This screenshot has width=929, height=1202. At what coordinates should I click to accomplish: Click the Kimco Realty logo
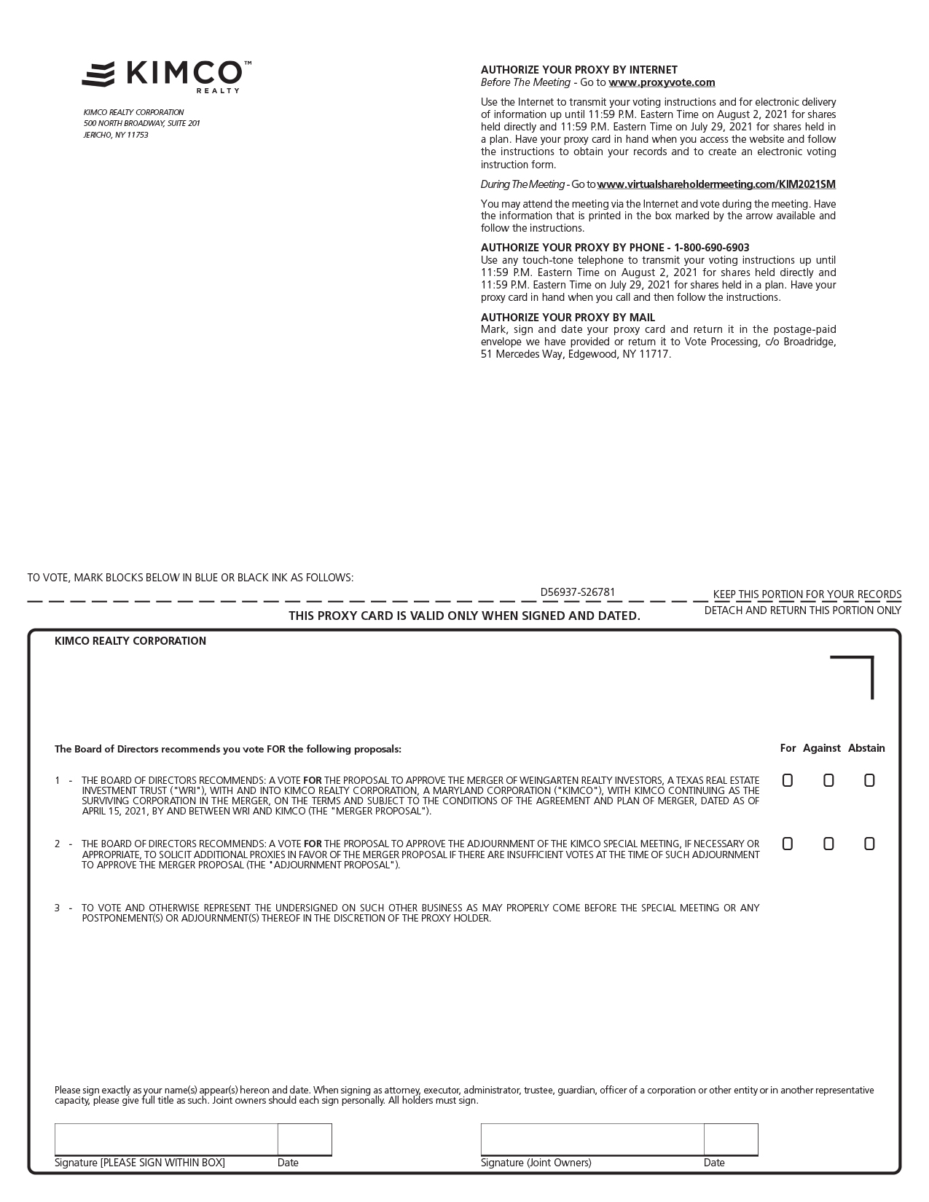[166, 76]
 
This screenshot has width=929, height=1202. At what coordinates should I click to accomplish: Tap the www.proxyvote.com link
[662, 82]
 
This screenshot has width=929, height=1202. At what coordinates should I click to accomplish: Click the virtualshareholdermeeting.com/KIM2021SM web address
[716, 184]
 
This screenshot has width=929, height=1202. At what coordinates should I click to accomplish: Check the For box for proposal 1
[787, 780]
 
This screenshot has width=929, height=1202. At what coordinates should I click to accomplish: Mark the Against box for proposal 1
[828, 780]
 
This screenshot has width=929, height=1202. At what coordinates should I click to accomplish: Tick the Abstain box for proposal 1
[869, 780]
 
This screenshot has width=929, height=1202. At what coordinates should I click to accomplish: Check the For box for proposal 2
[787, 844]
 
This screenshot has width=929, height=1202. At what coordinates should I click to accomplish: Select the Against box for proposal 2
[828, 844]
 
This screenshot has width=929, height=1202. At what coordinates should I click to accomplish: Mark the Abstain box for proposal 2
[869, 844]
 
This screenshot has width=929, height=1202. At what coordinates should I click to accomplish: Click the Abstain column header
[866, 748]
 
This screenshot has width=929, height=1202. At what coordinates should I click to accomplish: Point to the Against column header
[821, 748]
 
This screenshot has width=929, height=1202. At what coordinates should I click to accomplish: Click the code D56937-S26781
[577, 592]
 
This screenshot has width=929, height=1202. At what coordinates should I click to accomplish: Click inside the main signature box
[166, 1139]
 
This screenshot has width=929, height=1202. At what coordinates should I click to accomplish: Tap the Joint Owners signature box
[592, 1139]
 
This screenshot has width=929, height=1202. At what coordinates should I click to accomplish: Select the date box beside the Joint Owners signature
[731, 1139]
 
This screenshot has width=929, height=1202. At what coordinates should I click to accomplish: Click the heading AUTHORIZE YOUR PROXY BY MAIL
[568, 318]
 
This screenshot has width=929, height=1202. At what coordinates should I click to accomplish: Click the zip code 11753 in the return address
[138, 135]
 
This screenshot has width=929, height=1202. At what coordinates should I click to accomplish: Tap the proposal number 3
[58, 908]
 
